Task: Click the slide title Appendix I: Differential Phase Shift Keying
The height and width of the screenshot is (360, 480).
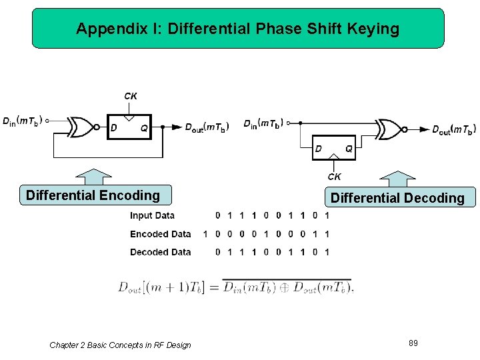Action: pyautogui.click(x=237, y=29)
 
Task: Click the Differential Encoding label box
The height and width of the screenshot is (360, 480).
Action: pyautogui.click(x=93, y=195)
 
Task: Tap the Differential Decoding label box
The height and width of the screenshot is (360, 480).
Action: pyautogui.click(x=397, y=198)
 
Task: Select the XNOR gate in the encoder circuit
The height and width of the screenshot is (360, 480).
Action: pyautogui.click(x=83, y=127)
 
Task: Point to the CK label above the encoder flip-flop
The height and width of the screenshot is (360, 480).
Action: pyautogui.click(x=131, y=96)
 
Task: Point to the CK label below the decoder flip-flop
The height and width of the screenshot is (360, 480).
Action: pyautogui.click(x=334, y=177)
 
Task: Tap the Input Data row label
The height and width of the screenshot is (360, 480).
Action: pyautogui.click(x=152, y=215)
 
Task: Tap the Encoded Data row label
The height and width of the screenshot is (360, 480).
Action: pyautogui.click(x=160, y=234)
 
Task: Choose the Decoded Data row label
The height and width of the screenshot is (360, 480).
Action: pyautogui.click(x=160, y=252)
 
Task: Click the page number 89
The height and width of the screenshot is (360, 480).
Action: pyautogui.click(x=413, y=343)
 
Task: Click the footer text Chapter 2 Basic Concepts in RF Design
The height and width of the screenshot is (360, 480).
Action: pyautogui.click(x=120, y=345)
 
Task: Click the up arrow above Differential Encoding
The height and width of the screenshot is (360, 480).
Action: pyautogui.click(x=94, y=177)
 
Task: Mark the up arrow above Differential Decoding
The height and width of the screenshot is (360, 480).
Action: pyautogui.click(x=397, y=179)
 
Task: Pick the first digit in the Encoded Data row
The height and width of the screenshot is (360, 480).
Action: pyautogui.click(x=205, y=234)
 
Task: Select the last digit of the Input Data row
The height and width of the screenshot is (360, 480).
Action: pyautogui.click(x=327, y=215)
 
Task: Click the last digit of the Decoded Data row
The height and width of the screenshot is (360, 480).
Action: pyautogui.click(x=327, y=252)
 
